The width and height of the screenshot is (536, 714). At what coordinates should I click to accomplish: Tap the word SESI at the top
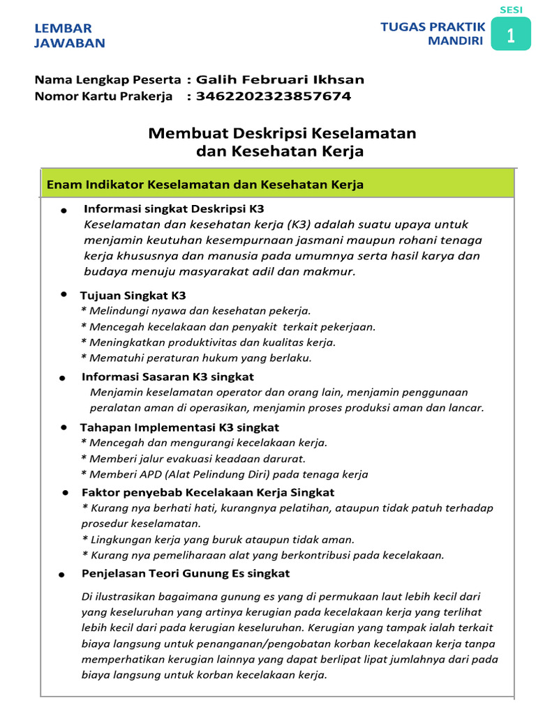coord(511,9)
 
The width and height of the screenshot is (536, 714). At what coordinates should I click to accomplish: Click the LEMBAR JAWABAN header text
coord(70,36)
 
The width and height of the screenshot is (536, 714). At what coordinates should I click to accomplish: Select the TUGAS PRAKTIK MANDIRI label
coord(433,34)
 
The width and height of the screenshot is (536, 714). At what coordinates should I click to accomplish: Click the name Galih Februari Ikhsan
coord(280,79)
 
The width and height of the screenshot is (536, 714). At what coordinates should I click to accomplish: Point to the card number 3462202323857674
coord(274,96)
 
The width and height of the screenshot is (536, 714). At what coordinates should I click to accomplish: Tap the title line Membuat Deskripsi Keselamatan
coord(282,132)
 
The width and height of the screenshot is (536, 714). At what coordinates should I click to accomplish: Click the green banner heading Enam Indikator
coord(204,185)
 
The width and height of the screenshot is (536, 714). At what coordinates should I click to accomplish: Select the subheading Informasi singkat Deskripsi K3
coord(174,208)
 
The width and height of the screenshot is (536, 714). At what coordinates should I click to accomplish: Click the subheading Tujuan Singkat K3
coord(133,296)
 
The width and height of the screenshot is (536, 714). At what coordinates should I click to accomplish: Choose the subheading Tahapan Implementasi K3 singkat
coord(179,427)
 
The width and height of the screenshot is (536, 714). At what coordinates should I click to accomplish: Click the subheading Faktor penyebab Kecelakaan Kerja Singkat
coord(208,492)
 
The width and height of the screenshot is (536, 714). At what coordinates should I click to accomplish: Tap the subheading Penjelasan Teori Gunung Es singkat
coord(186,573)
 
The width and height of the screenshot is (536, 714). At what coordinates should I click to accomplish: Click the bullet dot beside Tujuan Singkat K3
coord(64,296)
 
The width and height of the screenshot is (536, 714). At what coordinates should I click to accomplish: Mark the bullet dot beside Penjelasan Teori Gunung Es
coord(63,575)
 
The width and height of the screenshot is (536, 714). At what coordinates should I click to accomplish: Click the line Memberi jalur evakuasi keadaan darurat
coord(193,458)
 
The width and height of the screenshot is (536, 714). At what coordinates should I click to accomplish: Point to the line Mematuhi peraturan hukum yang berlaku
coord(196,358)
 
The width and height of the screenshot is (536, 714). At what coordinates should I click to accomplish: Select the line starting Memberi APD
coord(224,474)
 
